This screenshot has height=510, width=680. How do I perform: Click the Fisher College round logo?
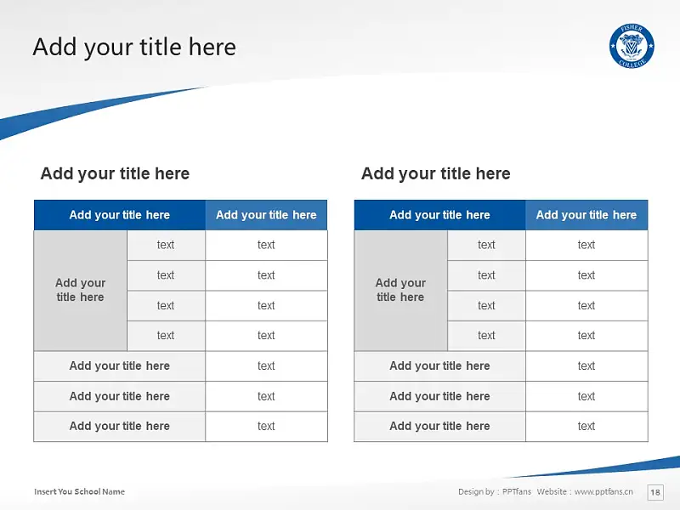(x=632, y=46)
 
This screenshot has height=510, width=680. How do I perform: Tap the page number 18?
(x=655, y=492)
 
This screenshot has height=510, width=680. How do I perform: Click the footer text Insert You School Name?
(x=79, y=491)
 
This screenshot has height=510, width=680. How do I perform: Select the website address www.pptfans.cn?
(x=603, y=491)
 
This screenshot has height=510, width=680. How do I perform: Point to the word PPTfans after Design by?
(x=517, y=491)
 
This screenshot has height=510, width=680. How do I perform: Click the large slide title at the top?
(x=134, y=47)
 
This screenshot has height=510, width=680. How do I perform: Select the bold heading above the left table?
(x=115, y=173)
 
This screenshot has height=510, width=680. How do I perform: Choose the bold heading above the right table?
(x=436, y=173)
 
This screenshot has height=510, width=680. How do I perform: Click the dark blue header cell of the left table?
(x=120, y=215)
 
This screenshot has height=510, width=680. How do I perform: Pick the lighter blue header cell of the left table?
(x=266, y=215)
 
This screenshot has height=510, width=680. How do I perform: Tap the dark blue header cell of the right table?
(x=439, y=215)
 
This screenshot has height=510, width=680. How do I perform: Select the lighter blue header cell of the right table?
(x=586, y=215)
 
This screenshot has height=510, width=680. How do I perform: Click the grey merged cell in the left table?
(x=80, y=290)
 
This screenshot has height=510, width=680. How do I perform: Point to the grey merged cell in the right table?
(x=400, y=290)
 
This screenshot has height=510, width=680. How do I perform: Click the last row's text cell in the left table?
(x=266, y=427)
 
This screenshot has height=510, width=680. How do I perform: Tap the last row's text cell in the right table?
(x=586, y=427)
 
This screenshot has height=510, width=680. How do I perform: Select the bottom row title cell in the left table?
(x=120, y=427)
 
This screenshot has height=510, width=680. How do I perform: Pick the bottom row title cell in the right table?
(x=439, y=427)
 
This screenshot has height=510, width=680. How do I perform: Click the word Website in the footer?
(x=552, y=491)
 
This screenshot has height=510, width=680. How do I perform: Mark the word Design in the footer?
(x=471, y=491)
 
